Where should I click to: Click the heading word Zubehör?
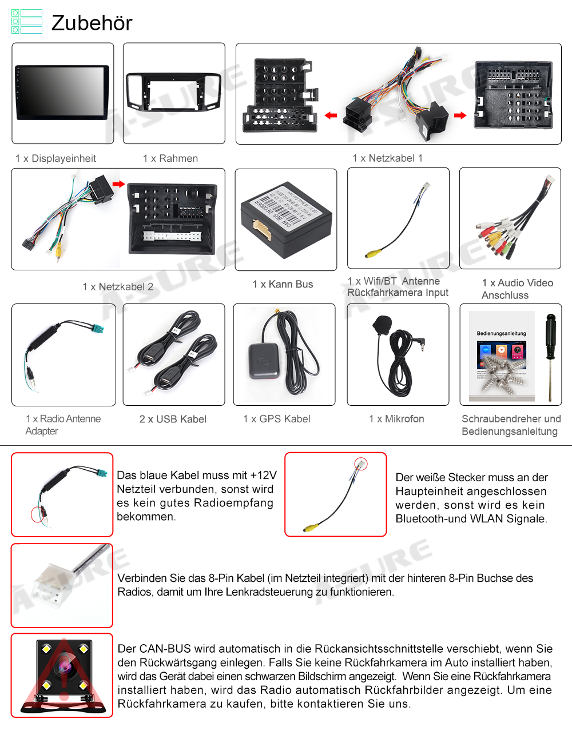point(92,23)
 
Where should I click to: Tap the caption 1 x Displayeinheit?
point(55,158)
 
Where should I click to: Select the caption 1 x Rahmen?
point(170,158)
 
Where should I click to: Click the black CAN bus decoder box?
point(286,220)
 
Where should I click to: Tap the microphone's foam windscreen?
point(382,325)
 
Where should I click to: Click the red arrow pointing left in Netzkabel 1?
point(331,115)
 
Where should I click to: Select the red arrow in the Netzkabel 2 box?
point(118,183)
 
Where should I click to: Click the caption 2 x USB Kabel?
point(173,419)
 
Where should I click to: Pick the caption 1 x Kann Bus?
point(283,284)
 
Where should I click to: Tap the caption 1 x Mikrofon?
point(396,419)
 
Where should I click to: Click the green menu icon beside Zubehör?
point(27,22)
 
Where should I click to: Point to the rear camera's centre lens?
point(63,666)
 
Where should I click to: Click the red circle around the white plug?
point(361,464)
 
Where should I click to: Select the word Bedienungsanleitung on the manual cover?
point(501,333)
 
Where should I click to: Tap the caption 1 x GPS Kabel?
point(277,419)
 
